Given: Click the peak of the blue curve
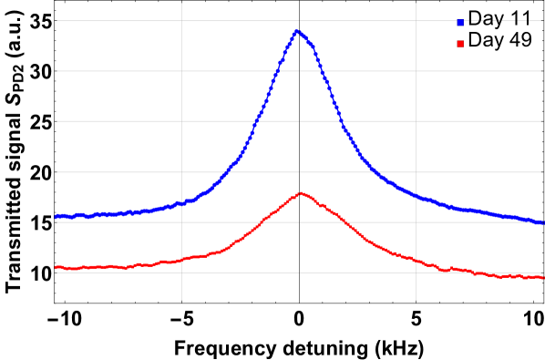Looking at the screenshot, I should tap(297, 30).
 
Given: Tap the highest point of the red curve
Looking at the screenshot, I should tap(301, 192).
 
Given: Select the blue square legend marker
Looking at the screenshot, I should tap(460, 23).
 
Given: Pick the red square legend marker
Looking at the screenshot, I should tap(460, 44).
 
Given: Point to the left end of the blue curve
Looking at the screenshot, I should tap(56, 216).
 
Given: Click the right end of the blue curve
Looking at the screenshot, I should tap(542, 222).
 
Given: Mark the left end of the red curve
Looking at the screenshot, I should tap(56, 267).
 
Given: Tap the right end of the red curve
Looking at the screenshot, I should tap(542, 277).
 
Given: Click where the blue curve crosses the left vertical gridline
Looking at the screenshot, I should tap(181, 203).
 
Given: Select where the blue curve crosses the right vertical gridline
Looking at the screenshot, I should tap(416, 196).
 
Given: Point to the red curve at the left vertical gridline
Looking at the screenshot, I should tap(181, 259).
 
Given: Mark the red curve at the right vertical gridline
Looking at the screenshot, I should tap(416, 261).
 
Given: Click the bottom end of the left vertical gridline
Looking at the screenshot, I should tap(181, 300).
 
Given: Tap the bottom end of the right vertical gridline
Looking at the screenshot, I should tap(416, 300).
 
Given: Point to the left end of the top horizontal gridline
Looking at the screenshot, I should tap(57, 20).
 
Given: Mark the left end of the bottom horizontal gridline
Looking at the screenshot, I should tap(57, 273).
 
